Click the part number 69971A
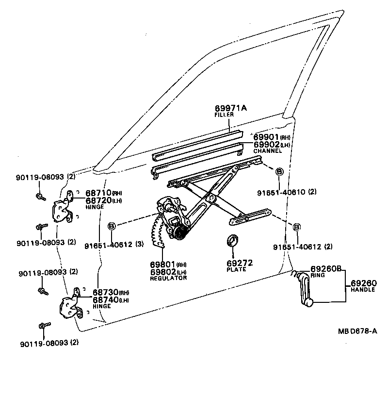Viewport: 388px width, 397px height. (x=230, y=108)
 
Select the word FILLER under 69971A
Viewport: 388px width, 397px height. (x=224, y=115)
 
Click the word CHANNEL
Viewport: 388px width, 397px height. (x=267, y=151)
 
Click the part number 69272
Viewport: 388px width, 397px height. (x=240, y=263)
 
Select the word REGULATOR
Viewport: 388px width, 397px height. (x=168, y=278)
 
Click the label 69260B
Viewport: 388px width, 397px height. (x=326, y=268)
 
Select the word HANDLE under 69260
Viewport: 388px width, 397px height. (x=363, y=290)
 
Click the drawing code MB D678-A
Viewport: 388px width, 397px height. (x=357, y=331)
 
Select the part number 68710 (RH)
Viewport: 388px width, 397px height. (x=104, y=193)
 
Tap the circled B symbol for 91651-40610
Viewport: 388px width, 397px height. (x=279, y=172)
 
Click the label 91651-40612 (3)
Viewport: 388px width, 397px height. (x=114, y=245)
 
